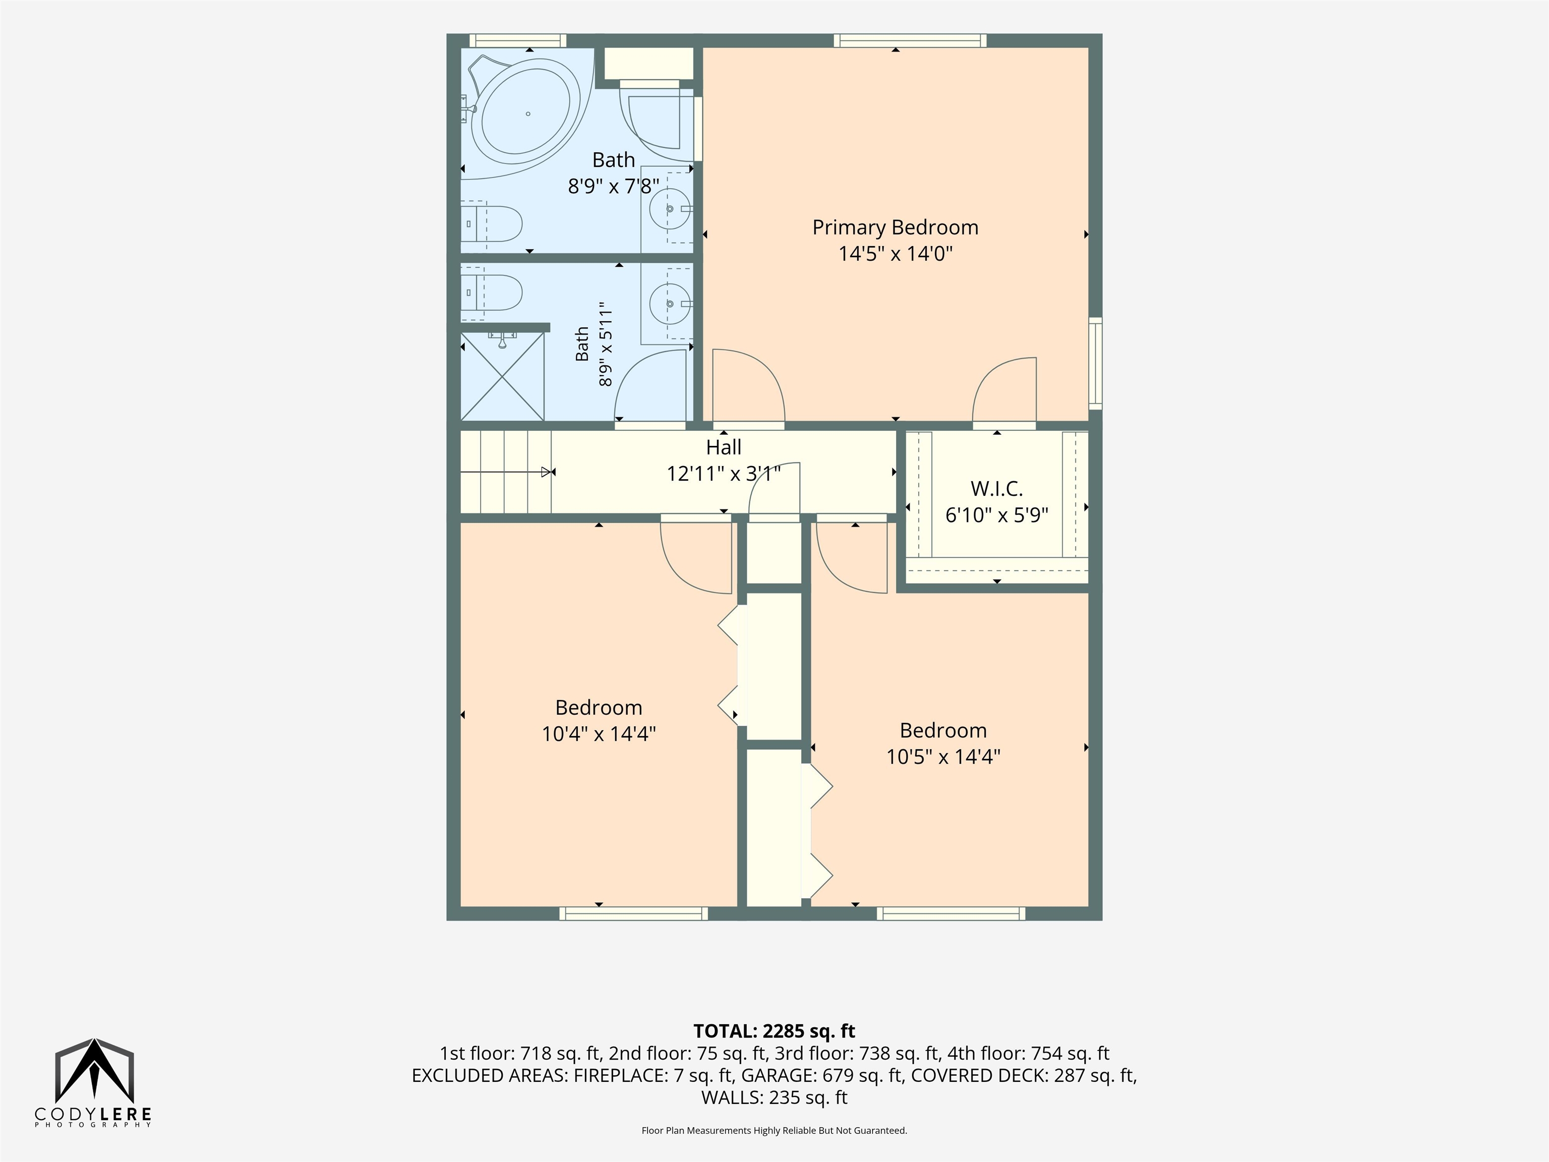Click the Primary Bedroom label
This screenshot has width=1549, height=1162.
(x=895, y=227)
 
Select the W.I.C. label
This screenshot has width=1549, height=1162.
(x=996, y=489)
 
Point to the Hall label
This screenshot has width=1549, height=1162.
(x=724, y=447)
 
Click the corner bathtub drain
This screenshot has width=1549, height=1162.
(x=528, y=113)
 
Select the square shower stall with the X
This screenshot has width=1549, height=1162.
(x=502, y=376)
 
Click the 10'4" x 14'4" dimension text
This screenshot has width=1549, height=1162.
(x=599, y=733)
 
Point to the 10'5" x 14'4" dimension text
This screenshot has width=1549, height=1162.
(x=943, y=757)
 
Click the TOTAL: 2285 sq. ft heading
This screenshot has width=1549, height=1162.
(x=774, y=1031)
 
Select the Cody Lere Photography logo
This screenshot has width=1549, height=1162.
(x=93, y=1083)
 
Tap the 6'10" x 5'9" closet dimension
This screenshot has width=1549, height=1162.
(x=996, y=515)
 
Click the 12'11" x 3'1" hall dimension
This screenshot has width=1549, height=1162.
(x=724, y=474)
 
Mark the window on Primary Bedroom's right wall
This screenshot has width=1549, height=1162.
(x=1095, y=364)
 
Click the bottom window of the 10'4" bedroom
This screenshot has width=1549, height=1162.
(x=634, y=913)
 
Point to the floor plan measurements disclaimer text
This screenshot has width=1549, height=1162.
(x=774, y=1131)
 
